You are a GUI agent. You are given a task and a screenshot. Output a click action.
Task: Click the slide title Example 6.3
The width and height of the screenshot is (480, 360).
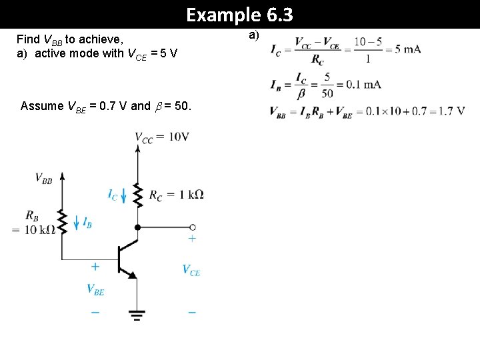tap(239, 14)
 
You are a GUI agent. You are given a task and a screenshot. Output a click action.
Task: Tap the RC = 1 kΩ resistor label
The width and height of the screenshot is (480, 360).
tap(176, 195)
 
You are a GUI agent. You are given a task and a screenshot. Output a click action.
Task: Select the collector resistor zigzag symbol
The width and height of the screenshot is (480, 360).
tap(138, 194)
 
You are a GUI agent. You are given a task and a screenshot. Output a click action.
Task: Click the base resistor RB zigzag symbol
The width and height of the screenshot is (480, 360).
tap(62, 221)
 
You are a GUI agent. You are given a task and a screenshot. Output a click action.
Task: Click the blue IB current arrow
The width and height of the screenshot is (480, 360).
tap(75, 223)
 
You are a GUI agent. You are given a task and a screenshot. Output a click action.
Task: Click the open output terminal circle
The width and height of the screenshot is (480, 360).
tap(193, 227)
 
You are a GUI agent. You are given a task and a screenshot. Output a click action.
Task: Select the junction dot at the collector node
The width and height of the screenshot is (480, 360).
tap(138, 227)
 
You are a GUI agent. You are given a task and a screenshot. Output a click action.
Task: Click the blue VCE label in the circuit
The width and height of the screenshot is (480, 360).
tap(191, 270)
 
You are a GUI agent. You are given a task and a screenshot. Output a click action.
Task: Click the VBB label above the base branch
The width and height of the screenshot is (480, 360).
tap(43, 179)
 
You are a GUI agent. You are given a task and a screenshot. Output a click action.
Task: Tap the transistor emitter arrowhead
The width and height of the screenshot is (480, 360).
tap(132, 274)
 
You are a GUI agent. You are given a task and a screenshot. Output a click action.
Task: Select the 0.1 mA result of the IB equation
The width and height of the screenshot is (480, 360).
tap(364, 84)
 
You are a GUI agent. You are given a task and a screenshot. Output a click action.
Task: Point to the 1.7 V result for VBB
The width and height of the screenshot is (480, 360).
tap(452, 111)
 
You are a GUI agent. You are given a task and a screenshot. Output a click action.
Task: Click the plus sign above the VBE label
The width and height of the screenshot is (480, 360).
tap(95, 267)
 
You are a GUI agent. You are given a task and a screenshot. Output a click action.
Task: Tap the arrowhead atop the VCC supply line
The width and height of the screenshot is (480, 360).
tap(138, 149)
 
